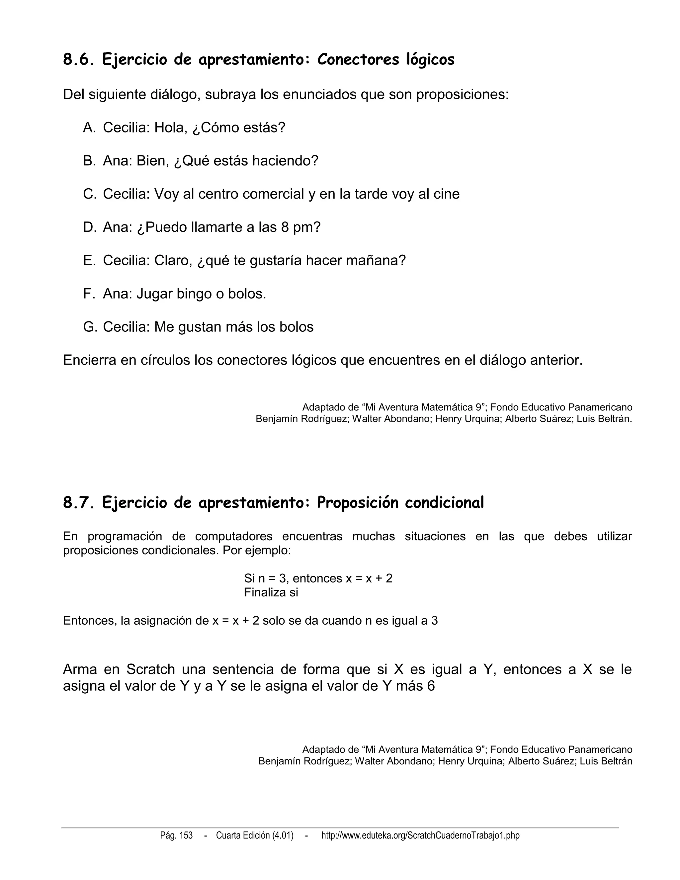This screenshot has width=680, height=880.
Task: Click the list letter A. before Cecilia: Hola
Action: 89,128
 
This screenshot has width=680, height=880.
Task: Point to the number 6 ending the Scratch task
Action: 431,686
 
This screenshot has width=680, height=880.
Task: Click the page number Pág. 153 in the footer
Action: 176,835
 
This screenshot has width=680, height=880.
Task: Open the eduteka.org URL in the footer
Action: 420,835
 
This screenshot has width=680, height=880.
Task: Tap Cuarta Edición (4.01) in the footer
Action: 255,835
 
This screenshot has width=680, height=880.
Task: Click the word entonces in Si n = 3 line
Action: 317,578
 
